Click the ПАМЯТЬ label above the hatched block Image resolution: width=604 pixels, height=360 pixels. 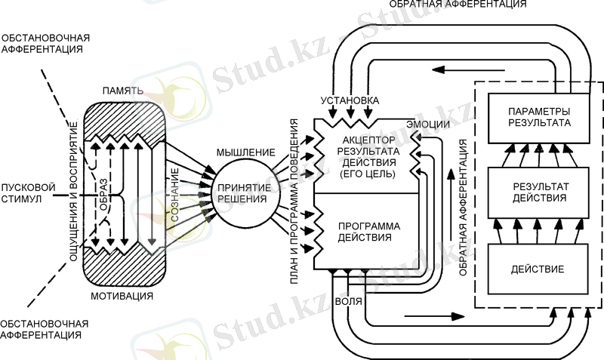tap(122, 91)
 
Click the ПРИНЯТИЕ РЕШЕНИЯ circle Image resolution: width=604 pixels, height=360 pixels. tap(242, 193)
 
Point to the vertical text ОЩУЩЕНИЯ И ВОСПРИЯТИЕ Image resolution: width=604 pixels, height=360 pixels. tap(73, 192)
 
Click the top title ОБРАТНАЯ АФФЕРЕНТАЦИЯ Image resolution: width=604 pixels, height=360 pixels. tap(458, 5)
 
